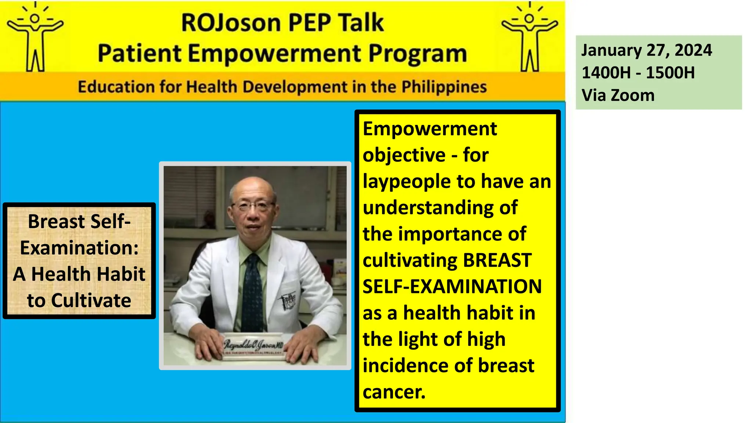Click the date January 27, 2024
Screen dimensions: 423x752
646,50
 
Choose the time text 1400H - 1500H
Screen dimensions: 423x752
638,73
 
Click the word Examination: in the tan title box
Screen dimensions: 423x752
79,248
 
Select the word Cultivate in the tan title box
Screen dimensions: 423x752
91,301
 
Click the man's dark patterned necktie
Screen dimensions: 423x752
253,290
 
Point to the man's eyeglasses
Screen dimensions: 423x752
253,205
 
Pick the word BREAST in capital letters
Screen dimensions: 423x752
497,260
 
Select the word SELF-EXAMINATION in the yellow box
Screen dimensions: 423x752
452,287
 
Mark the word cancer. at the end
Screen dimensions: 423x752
394,392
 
